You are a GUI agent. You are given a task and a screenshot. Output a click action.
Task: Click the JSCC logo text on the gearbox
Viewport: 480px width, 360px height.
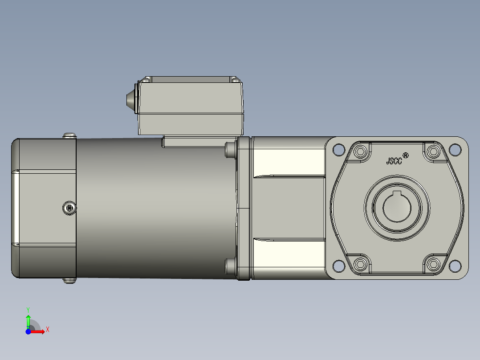394,161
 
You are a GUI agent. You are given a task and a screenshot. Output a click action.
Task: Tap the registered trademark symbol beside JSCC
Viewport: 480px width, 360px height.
406,155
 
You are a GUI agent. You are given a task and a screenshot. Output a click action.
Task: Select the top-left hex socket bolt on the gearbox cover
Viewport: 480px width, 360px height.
361,151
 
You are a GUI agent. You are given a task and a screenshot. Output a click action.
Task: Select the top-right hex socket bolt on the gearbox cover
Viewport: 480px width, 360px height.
433,151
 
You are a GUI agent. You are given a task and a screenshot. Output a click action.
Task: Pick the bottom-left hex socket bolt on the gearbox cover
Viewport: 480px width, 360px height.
361,264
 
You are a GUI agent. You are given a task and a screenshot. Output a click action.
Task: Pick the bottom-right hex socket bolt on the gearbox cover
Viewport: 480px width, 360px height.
433,264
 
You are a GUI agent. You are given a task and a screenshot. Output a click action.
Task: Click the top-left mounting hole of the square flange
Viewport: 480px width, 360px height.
338,150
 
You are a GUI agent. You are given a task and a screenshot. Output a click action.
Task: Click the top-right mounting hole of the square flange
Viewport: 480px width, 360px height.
455,150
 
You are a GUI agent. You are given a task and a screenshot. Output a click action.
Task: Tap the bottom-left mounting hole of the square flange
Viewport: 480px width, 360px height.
338,266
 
